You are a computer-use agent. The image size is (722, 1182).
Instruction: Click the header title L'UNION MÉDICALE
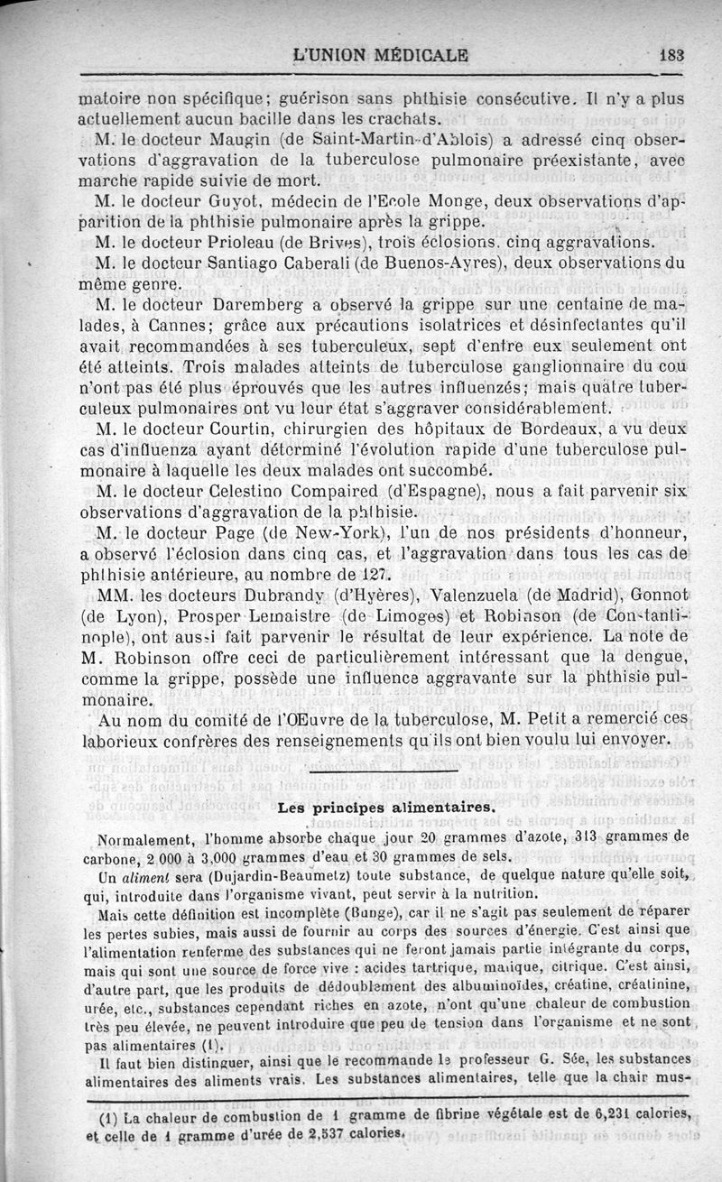pos(381,54)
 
